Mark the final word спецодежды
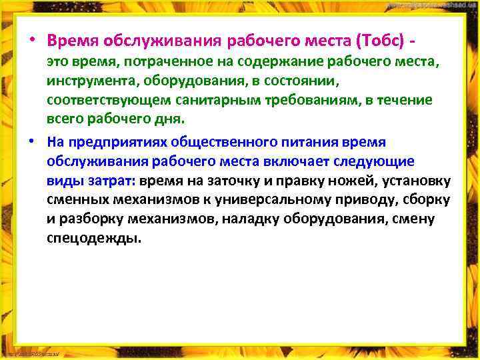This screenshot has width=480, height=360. click(x=93, y=239)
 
